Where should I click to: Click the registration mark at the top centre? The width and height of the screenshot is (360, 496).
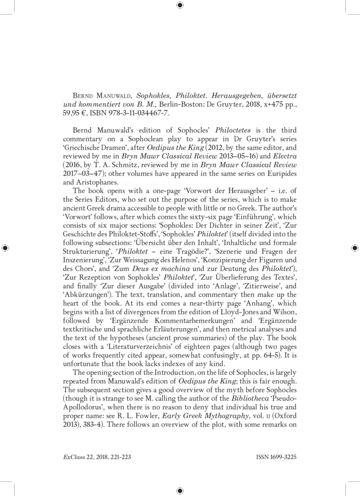[x=180, y=5]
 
